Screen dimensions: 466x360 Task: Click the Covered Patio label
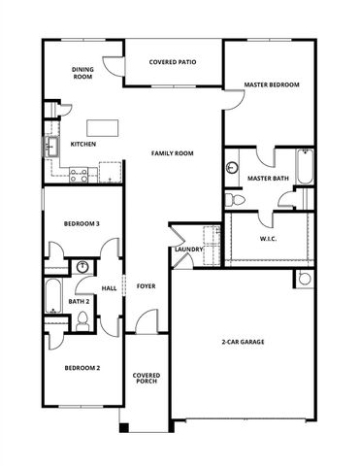point(173,62)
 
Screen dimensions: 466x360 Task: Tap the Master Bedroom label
point(271,84)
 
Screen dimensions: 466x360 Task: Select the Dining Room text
point(82,73)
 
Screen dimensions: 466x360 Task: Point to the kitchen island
point(101,126)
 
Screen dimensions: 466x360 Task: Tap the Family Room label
point(172,153)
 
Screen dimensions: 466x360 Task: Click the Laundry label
point(186,250)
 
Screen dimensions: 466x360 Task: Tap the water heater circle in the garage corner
point(305,279)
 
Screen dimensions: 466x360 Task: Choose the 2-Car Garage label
point(244,342)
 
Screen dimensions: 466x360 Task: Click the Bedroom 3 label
point(82,224)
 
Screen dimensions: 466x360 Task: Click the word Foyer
point(146,286)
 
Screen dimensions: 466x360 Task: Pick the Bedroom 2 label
point(82,368)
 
